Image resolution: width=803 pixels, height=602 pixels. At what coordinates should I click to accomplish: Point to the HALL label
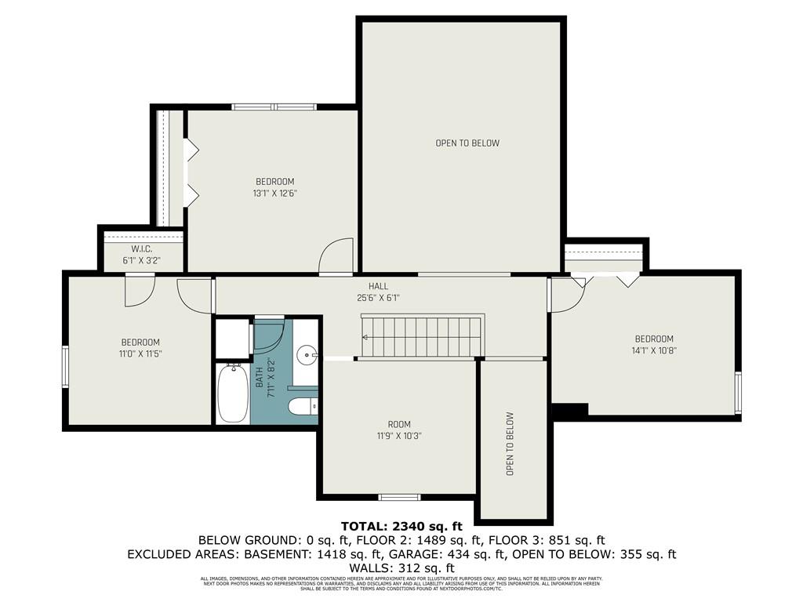pyautogui.click(x=379, y=286)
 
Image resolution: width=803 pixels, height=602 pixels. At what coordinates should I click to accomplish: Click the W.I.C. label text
pyautogui.click(x=141, y=249)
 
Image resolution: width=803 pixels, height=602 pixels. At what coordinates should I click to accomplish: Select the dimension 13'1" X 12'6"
pyautogui.click(x=274, y=193)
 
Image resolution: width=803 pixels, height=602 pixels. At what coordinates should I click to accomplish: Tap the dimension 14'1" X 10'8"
pyautogui.click(x=654, y=350)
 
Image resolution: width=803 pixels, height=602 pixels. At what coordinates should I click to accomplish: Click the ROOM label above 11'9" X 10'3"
pyautogui.click(x=399, y=424)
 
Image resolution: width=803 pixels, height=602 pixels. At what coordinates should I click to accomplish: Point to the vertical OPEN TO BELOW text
pyautogui.click(x=510, y=444)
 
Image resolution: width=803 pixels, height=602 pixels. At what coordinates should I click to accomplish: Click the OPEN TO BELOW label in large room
pyautogui.click(x=467, y=143)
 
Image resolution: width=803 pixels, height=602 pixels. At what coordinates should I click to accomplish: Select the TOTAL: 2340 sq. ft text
pyautogui.click(x=401, y=526)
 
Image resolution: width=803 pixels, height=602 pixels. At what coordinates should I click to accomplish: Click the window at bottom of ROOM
pyautogui.click(x=399, y=497)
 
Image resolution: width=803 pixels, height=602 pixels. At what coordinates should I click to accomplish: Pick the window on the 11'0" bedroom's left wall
pyautogui.click(x=66, y=368)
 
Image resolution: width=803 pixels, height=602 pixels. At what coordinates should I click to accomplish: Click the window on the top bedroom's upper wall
pyautogui.click(x=274, y=107)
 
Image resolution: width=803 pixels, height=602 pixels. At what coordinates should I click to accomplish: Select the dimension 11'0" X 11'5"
pyautogui.click(x=140, y=354)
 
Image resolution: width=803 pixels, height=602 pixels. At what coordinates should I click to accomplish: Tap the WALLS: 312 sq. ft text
pyautogui.click(x=401, y=568)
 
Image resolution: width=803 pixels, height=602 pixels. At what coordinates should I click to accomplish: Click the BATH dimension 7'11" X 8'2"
pyautogui.click(x=271, y=377)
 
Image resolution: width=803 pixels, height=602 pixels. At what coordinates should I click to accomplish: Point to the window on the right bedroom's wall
pyautogui.click(x=737, y=393)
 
